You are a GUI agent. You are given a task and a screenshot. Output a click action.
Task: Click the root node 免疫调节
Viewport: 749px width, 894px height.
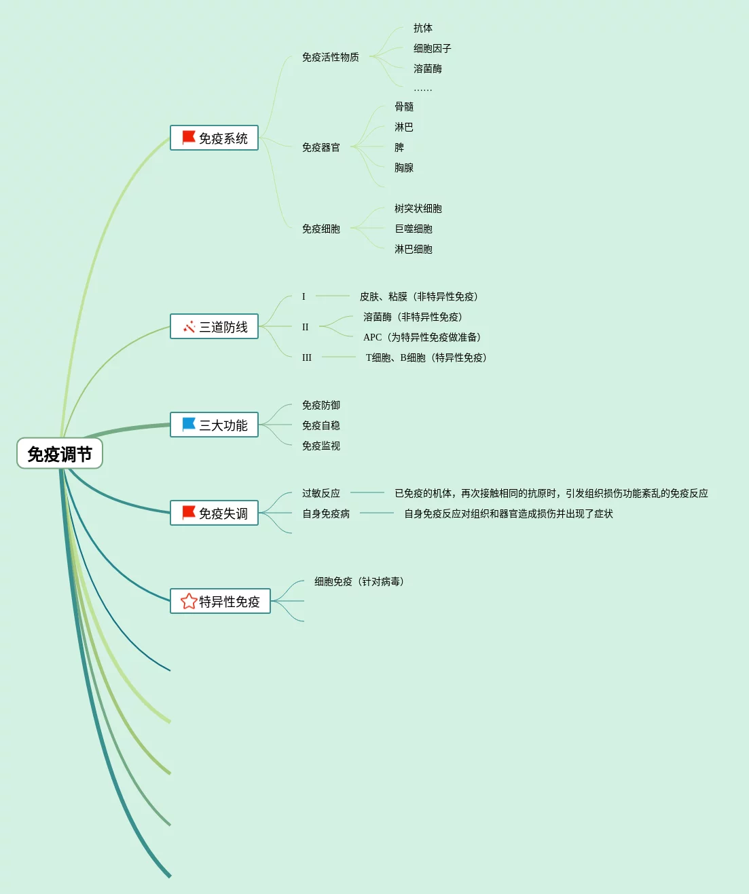pyautogui.click(x=60, y=454)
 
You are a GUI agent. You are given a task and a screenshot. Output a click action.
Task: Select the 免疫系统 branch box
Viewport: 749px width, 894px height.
pyautogui.click(x=214, y=138)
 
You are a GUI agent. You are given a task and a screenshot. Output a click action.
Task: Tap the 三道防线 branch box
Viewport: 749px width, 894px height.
pyautogui.click(x=214, y=327)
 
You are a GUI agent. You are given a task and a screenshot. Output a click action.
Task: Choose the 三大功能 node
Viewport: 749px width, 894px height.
pyautogui.click(x=214, y=425)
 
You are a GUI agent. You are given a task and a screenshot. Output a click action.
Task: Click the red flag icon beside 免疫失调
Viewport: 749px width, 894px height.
pyautogui.click(x=189, y=513)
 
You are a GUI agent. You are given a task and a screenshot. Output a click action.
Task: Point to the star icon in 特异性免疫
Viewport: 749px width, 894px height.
pyautogui.click(x=188, y=601)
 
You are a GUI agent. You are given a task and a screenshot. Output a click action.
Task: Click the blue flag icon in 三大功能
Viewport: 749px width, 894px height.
pyautogui.click(x=189, y=425)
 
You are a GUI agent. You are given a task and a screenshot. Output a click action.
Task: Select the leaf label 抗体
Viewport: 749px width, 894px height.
pyautogui.click(x=422, y=28)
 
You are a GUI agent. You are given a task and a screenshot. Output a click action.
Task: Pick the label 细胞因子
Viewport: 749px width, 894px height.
pyautogui.click(x=432, y=49)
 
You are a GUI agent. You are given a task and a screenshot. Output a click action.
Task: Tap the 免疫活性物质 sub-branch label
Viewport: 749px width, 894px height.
pyautogui.click(x=330, y=58)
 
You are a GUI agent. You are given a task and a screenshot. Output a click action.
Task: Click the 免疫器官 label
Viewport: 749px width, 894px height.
pyautogui.click(x=321, y=148)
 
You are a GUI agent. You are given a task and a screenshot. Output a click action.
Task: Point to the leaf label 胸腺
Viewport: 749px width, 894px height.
pyautogui.click(x=403, y=168)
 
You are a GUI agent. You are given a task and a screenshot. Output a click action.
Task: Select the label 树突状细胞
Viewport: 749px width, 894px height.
pyautogui.click(x=418, y=209)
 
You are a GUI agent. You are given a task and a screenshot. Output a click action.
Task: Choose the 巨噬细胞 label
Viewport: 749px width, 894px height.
pyautogui.click(x=413, y=229)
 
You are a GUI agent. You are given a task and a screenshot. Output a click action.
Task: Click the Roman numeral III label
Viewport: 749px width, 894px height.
pyautogui.click(x=307, y=357)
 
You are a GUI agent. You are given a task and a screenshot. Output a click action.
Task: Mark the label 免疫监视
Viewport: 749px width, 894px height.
pyautogui.click(x=321, y=446)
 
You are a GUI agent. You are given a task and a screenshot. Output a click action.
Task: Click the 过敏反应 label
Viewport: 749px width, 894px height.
pyautogui.click(x=321, y=494)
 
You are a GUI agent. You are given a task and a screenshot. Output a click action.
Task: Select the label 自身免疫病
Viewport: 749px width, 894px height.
pyautogui.click(x=325, y=514)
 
